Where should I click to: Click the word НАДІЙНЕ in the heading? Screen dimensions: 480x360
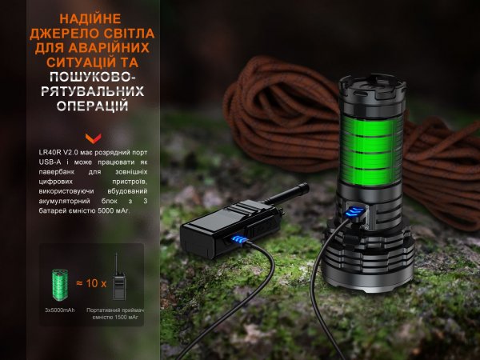90,19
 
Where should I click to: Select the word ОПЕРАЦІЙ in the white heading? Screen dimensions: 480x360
93,106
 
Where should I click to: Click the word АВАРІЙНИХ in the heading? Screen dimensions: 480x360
110,48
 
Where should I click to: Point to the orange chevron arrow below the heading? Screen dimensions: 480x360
94,138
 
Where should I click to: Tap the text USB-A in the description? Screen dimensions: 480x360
50,162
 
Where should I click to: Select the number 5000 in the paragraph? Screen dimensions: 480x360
103,210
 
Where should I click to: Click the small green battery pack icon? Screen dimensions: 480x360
60,285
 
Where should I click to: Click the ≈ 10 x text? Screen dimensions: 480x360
91,283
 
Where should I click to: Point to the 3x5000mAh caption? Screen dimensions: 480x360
60,310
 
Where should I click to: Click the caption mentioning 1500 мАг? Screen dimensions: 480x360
115,314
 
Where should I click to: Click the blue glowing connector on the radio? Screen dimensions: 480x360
239,240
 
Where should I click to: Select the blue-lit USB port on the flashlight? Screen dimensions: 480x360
355,213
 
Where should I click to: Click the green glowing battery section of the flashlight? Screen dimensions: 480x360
371,151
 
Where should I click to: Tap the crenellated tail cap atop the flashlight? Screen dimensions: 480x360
372,88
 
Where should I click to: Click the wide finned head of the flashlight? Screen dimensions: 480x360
368,257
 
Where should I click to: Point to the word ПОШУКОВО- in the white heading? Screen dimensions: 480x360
92,77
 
